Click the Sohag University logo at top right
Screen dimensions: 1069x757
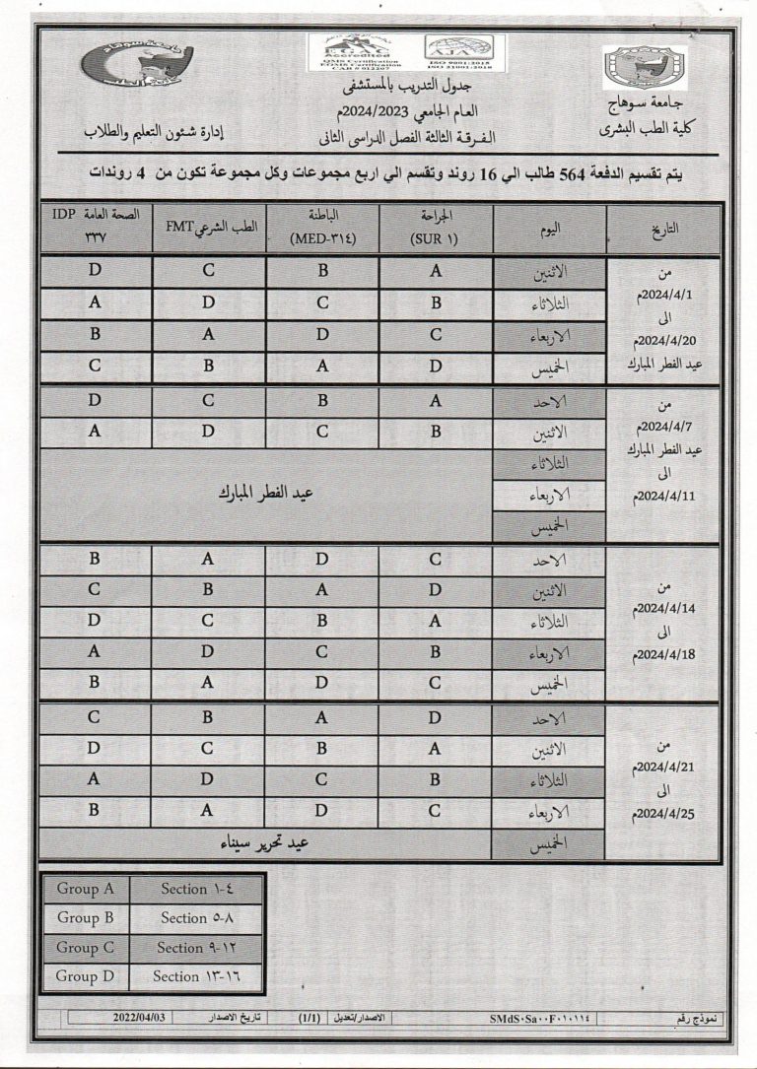[646, 67]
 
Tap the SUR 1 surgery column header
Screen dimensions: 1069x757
[435, 229]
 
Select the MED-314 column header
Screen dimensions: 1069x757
[322, 229]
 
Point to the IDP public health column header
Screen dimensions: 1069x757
[96, 229]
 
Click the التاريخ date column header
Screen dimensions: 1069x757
[665, 228]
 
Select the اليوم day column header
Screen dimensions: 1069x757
[550, 228]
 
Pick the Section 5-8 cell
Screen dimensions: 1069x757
[198, 918]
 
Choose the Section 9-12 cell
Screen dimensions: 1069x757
[198, 948]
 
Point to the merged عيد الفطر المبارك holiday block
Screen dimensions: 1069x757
[266, 495]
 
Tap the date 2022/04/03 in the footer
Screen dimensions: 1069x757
[140, 1016]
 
